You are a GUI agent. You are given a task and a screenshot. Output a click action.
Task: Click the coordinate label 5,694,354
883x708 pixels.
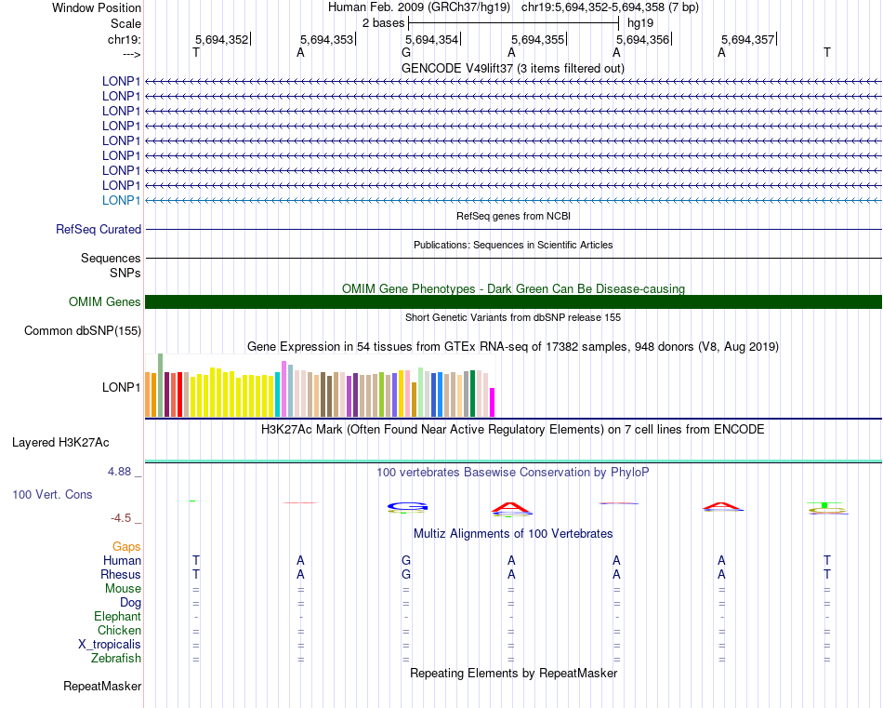[x=432, y=39]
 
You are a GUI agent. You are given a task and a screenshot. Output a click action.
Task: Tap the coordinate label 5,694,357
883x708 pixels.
[x=747, y=39]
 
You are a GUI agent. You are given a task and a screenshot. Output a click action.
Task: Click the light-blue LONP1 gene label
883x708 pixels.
[x=121, y=200]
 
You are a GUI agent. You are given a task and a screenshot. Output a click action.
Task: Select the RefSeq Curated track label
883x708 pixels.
[x=99, y=229]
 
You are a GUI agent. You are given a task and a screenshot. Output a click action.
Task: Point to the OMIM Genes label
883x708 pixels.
[x=105, y=301]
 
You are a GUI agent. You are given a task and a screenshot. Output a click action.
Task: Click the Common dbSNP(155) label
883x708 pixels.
[x=83, y=330]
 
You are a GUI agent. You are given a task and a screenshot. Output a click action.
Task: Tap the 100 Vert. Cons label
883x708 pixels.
[x=52, y=494]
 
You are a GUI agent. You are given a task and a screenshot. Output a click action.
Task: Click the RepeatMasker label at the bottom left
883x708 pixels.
[x=102, y=687]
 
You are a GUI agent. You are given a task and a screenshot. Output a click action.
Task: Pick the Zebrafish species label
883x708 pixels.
[x=116, y=659]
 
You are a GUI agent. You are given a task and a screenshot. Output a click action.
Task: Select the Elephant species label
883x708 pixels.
[x=117, y=616]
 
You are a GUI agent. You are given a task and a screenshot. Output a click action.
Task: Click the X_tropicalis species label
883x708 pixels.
[x=110, y=645]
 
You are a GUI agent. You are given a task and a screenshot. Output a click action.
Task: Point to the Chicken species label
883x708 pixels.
[x=119, y=631]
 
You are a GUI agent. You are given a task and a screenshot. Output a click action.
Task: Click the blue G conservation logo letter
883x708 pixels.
[x=407, y=507]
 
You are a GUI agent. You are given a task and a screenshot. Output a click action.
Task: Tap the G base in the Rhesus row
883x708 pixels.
[x=406, y=574]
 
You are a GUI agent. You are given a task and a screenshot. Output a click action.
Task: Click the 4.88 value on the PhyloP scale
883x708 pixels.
[x=122, y=472]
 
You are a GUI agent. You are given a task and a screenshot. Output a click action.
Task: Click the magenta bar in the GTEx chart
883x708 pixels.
[x=493, y=402]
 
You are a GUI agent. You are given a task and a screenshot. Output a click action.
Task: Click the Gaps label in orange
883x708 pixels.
[x=126, y=546]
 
